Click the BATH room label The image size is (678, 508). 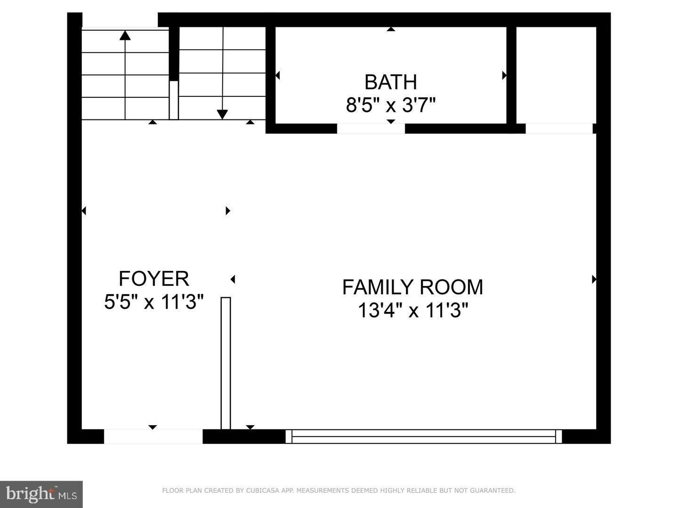[390, 82]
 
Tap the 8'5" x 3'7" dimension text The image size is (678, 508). [390, 105]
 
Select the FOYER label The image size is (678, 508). [153, 278]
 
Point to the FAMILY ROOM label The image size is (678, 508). [412, 287]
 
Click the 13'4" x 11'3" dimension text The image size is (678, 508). [413, 310]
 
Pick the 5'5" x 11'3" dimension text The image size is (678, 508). [153, 302]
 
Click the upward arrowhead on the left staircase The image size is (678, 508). [125, 35]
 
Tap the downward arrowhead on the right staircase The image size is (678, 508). [222, 114]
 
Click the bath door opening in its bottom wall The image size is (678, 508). [371, 128]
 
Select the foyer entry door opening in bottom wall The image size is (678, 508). [153, 437]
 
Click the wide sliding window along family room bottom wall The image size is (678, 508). [423, 437]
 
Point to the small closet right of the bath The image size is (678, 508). [556, 75]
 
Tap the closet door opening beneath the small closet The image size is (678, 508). [558, 128]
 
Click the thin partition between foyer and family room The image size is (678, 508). [226, 363]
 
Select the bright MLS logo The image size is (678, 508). [41, 494]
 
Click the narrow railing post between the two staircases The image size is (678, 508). [174, 100]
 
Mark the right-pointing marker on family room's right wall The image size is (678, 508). [594, 279]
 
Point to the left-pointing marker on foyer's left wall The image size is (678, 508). [84, 211]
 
